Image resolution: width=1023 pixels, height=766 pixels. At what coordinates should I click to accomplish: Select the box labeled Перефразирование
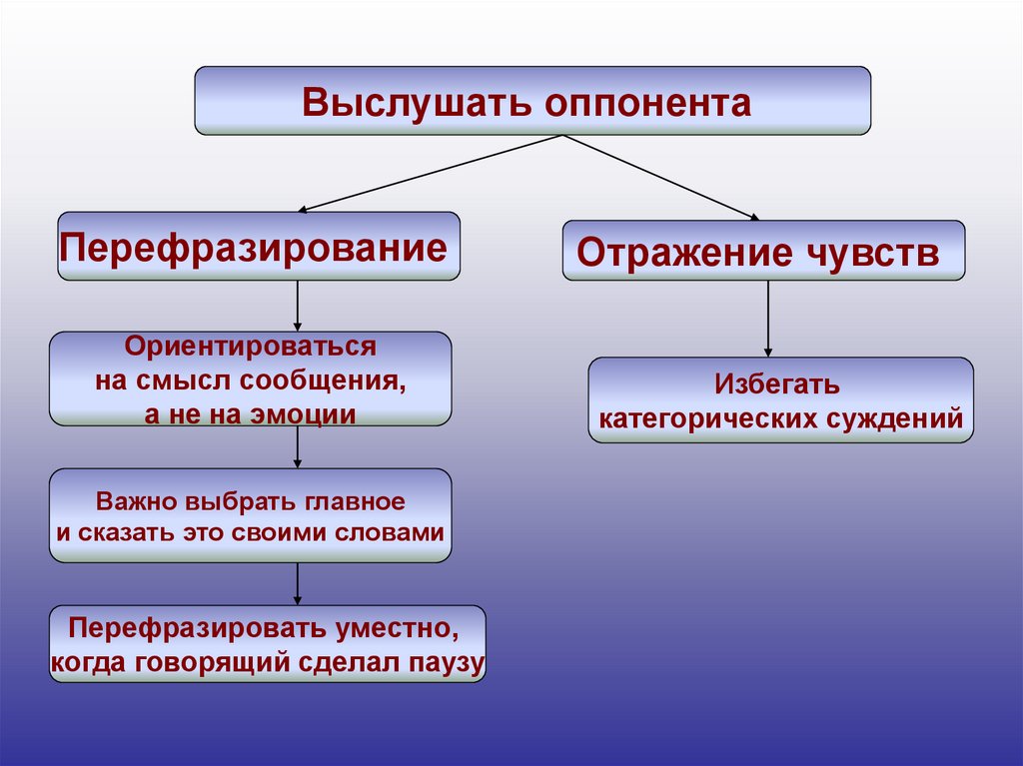tap(259, 246)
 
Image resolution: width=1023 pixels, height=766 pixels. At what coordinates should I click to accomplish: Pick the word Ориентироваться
tap(250, 349)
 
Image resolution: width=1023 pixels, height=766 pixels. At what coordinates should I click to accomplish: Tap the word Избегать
tap(777, 385)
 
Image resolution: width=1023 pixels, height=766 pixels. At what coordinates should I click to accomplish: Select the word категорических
tap(706, 418)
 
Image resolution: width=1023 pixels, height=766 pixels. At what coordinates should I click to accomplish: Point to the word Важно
tap(133, 498)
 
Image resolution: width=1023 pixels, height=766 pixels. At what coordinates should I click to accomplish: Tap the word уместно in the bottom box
tap(397, 630)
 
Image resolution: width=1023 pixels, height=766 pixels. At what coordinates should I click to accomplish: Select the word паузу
tap(447, 661)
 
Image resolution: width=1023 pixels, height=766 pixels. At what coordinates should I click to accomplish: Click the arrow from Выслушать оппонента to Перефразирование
tap(431, 173)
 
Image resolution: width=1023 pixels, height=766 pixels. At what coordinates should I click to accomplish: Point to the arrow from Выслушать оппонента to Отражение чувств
tap(661, 177)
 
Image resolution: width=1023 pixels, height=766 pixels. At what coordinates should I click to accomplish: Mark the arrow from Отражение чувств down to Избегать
tap(768, 318)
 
